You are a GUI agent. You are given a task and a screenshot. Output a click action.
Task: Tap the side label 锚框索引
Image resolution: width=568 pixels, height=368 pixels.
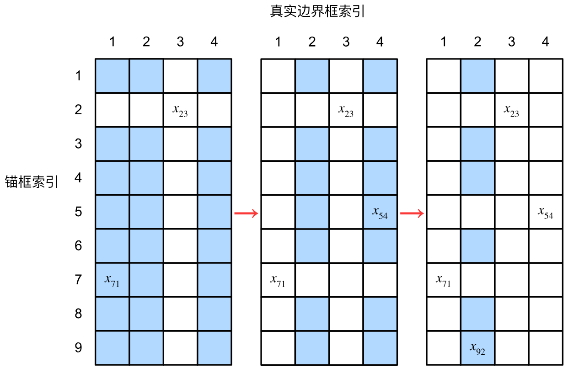32,182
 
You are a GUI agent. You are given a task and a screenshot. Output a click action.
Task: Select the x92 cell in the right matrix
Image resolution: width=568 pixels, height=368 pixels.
477,348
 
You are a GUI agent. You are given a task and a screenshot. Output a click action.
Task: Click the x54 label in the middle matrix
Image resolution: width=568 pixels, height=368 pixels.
380,212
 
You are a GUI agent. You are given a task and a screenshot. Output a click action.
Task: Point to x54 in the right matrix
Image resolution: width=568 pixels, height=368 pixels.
546,212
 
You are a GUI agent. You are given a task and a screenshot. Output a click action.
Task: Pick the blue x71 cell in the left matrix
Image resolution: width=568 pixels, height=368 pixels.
112,280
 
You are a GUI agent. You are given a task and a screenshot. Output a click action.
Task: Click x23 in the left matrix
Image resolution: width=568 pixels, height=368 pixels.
180,110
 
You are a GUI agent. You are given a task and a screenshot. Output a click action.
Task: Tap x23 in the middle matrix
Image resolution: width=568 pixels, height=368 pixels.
346,110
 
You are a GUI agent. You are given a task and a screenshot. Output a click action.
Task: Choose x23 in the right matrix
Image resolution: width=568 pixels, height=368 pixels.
511,110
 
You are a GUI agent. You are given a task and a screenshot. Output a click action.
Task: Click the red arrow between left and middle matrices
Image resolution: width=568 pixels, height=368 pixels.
246,213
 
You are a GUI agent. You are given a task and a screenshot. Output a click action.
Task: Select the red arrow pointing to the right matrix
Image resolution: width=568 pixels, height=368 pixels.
412,213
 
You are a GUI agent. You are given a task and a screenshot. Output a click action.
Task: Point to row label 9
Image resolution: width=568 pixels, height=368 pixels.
78,348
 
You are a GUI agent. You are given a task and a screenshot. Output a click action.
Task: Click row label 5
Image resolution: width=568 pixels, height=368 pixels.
78,212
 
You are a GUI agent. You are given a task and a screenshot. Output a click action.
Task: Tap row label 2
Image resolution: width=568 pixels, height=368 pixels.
78,110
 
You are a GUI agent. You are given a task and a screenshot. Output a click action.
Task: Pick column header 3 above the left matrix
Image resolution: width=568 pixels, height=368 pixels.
180,42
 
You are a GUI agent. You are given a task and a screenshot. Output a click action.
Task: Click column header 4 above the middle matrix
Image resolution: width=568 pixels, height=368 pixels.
380,42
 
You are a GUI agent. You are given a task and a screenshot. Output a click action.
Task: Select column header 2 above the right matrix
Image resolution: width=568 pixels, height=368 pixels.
477,42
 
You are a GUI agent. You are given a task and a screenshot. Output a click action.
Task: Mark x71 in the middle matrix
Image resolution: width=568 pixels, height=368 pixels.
278,280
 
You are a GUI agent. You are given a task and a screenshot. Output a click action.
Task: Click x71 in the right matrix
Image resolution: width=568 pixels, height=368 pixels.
443,280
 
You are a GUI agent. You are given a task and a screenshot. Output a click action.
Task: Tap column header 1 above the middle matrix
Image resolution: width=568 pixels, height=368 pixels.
278,42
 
